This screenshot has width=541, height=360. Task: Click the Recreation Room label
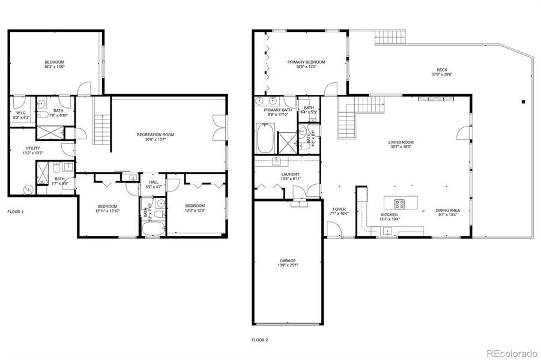click(x=156, y=134)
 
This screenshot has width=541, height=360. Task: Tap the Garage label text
click(x=287, y=260)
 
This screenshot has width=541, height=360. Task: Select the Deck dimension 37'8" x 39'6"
click(x=442, y=74)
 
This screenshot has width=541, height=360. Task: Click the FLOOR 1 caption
click(x=16, y=212)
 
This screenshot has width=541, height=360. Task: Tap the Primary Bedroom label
click(x=306, y=62)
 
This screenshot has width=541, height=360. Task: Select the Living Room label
click(x=401, y=142)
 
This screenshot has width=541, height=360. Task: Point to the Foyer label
click(x=339, y=209)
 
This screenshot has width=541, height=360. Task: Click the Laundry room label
click(x=290, y=174)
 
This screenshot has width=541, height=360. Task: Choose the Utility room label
click(x=33, y=148)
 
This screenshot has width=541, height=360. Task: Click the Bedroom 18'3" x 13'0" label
click(x=54, y=62)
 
